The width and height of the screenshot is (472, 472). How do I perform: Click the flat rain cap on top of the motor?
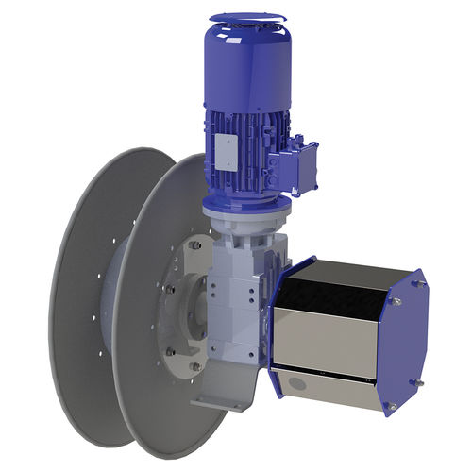pos(246,17)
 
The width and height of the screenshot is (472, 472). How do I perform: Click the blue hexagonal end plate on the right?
pos(406,340)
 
